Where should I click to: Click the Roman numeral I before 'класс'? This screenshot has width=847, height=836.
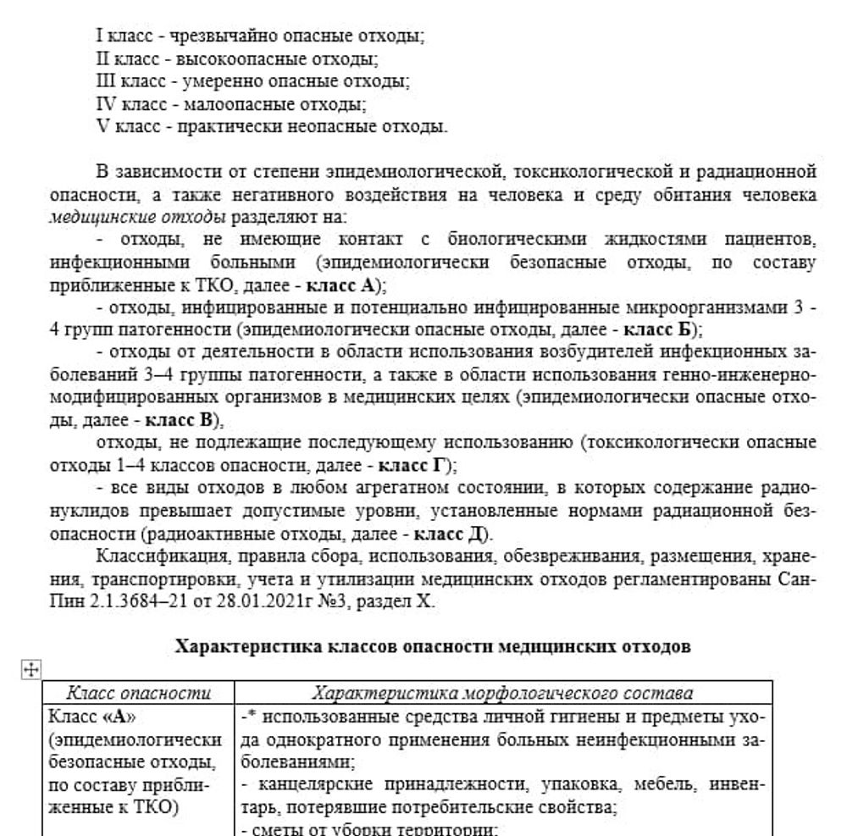point(100,37)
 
